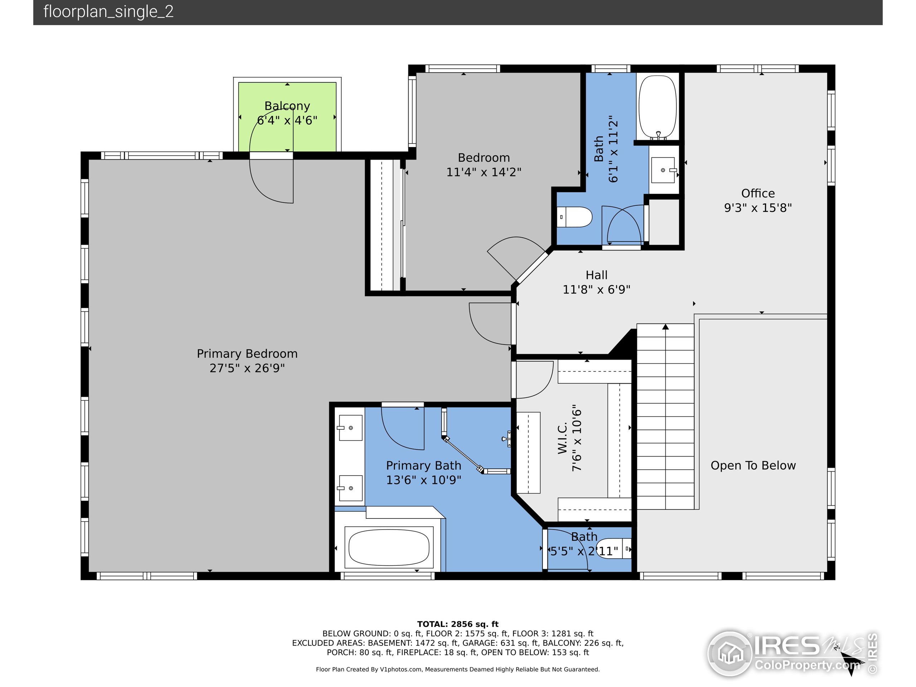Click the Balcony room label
coord(287,106)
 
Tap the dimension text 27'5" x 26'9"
coord(247,368)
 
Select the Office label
coord(758,193)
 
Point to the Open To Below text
coord(753,466)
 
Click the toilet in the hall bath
coord(574,217)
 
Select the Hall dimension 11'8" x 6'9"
coord(596,289)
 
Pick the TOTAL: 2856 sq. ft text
coord(458,624)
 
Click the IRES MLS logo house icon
coord(730,653)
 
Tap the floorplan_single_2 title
coord(108,11)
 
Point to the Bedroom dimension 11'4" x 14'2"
coord(484,172)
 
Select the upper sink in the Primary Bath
coord(350,428)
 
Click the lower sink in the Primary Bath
coord(350,488)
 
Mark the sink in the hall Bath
coord(663,170)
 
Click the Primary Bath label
coord(424,466)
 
